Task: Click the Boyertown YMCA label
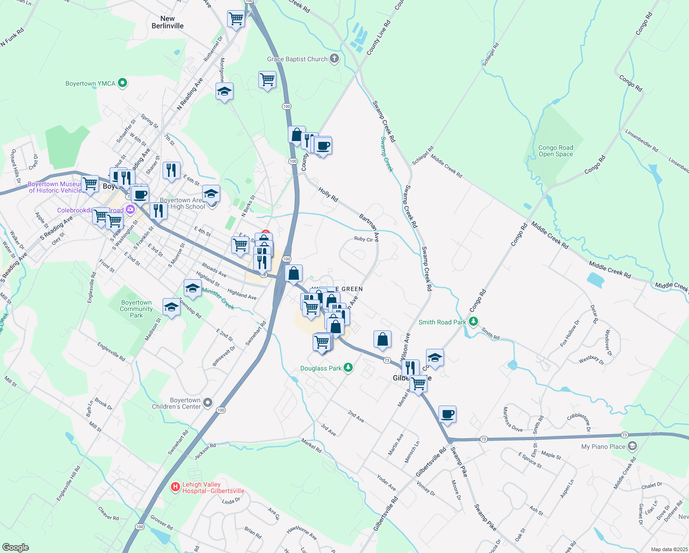(90, 83)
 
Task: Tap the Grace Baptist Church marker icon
(335, 59)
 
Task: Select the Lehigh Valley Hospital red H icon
(175, 487)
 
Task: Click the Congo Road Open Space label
(556, 151)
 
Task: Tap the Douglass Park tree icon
(349, 368)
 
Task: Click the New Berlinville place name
(168, 22)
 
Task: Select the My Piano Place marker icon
(632, 446)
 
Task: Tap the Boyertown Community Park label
(136, 309)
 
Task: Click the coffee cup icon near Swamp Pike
(447, 414)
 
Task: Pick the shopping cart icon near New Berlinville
(236, 19)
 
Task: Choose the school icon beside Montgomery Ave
(224, 91)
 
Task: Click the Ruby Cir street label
(363, 239)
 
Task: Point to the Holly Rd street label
(328, 194)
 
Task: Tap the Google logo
(15, 547)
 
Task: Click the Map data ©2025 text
(669, 549)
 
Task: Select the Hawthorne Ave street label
(302, 533)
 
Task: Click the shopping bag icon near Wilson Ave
(382, 340)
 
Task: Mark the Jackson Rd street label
(205, 452)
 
